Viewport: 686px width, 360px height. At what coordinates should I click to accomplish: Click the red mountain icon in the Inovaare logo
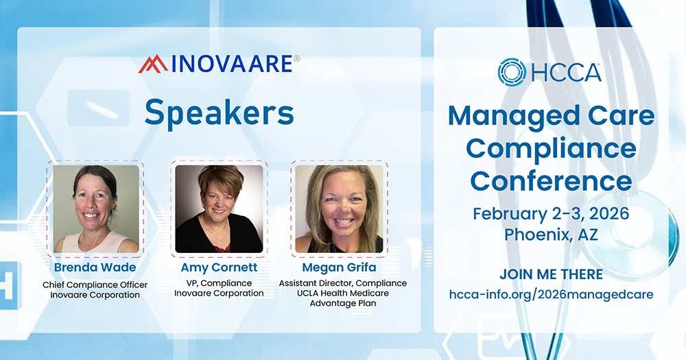pyautogui.click(x=152, y=64)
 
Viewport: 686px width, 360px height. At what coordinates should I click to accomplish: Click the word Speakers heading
pyautogui.click(x=219, y=112)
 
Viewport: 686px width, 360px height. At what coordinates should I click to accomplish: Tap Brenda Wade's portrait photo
pyautogui.click(x=96, y=208)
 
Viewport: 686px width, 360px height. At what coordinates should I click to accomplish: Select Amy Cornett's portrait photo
pyautogui.click(x=219, y=208)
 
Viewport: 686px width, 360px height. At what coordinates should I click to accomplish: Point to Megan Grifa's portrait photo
pyautogui.click(x=339, y=208)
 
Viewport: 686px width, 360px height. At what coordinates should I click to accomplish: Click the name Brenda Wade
pyautogui.click(x=95, y=267)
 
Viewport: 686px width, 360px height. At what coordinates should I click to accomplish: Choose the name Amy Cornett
pyautogui.click(x=219, y=267)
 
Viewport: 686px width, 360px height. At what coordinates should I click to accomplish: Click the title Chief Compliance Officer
pyautogui.click(x=95, y=285)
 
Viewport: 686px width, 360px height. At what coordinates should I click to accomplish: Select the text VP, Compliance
pyautogui.click(x=219, y=283)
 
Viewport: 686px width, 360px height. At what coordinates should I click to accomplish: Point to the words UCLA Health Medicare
pyautogui.click(x=342, y=293)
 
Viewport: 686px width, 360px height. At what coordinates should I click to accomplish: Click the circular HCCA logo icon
pyautogui.click(x=512, y=72)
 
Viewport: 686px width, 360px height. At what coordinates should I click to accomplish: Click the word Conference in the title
pyautogui.click(x=551, y=180)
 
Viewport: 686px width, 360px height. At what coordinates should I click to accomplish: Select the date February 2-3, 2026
pyautogui.click(x=551, y=213)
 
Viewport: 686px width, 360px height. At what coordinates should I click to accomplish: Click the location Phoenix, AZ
pyautogui.click(x=551, y=234)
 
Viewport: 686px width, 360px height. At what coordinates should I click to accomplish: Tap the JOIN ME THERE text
pyautogui.click(x=551, y=274)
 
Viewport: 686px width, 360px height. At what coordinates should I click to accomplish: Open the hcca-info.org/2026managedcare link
pyautogui.click(x=551, y=294)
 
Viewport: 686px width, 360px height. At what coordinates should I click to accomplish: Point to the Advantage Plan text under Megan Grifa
pyautogui.click(x=342, y=304)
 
